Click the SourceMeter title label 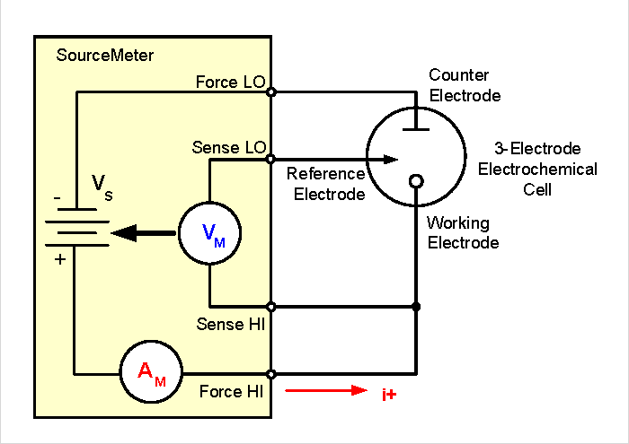[x=105, y=56]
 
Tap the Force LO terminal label [x=230, y=83]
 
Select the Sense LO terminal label [x=228, y=148]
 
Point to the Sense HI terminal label [x=230, y=324]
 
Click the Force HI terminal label [x=231, y=392]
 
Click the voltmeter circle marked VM [x=208, y=235]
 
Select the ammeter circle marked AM [x=151, y=372]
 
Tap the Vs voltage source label [x=102, y=187]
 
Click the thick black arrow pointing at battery [x=144, y=234]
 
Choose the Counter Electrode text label [x=465, y=85]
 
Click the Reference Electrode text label [x=325, y=184]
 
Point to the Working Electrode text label [x=463, y=232]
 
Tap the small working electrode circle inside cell [x=416, y=182]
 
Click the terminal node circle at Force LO [x=271, y=91]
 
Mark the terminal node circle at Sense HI [x=271, y=307]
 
